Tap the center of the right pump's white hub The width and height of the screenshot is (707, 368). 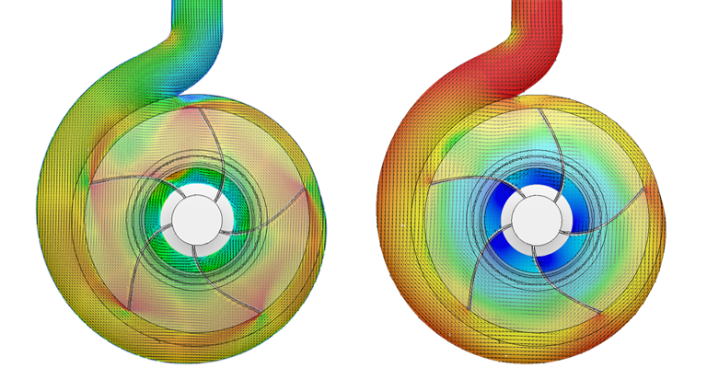click(534, 218)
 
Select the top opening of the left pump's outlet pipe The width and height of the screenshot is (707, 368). click(196, 4)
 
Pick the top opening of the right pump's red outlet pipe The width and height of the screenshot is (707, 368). click(537, 4)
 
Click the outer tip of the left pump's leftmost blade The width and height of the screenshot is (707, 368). click(89, 184)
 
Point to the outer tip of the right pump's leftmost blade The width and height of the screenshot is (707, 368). click(431, 184)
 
